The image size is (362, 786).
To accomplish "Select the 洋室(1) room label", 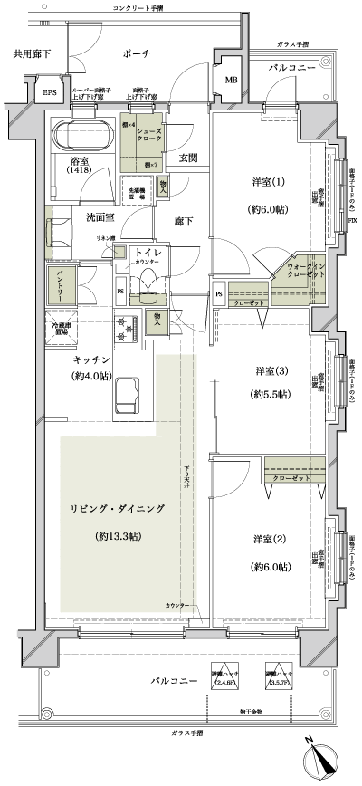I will [268, 182].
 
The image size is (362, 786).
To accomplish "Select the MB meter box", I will [231, 81].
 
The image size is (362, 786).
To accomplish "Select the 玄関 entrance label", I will [187, 158].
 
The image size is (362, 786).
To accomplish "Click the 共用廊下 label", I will [31, 53].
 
